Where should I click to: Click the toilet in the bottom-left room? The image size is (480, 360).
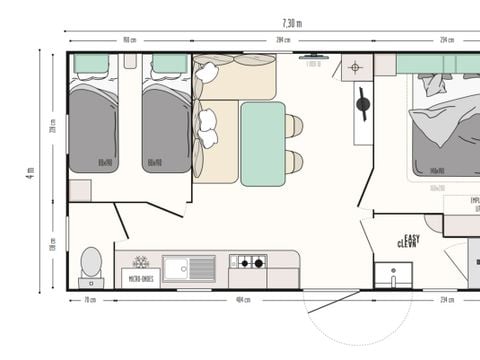[91, 265]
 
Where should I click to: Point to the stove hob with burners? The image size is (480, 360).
[248, 263]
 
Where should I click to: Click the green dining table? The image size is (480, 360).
[262, 142]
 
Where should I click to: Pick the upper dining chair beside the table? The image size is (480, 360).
[294, 126]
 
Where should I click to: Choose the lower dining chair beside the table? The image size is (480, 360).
[294, 162]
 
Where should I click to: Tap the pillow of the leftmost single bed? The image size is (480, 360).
[92, 64]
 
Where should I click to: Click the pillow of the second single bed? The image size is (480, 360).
[169, 64]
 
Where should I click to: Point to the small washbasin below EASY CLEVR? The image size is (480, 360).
[393, 273]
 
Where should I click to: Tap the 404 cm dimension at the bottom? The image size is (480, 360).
[241, 299]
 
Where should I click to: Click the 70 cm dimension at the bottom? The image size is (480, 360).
[90, 299]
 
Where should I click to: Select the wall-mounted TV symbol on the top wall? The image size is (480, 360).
[312, 56]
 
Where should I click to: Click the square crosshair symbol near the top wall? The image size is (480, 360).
[356, 67]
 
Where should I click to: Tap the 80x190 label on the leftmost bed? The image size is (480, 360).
[104, 161]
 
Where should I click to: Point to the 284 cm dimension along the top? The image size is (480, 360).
[283, 41]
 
